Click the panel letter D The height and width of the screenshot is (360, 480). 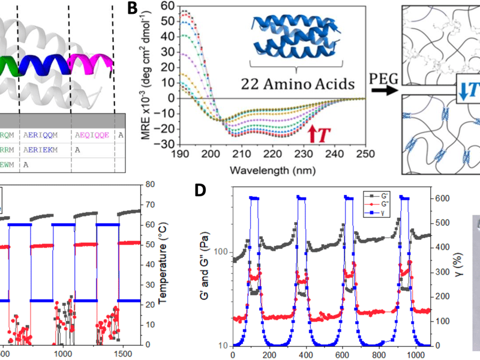click(202, 191)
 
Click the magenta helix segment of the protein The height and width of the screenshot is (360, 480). click(90, 61)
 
